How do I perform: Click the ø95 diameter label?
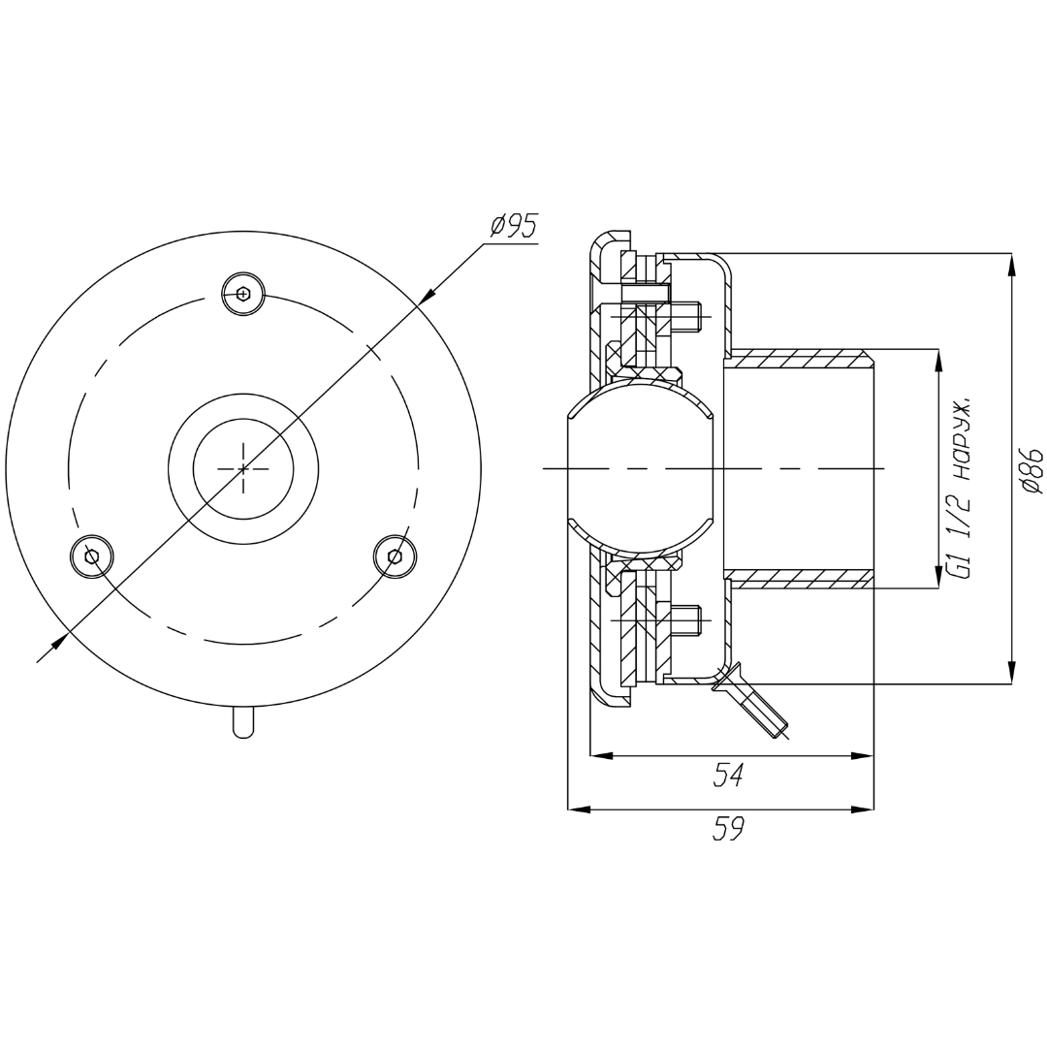coord(513,226)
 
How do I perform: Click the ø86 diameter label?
coord(1031,471)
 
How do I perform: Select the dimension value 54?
coord(728,776)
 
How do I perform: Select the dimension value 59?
coord(728,829)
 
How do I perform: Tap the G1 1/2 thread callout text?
coord(962,488)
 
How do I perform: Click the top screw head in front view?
coord(243,293)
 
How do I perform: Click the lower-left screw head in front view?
coord(92,555)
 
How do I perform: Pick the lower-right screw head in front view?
coord(395,555)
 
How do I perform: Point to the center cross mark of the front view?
coord(243,469)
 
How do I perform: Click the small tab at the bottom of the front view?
coord(243,722)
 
